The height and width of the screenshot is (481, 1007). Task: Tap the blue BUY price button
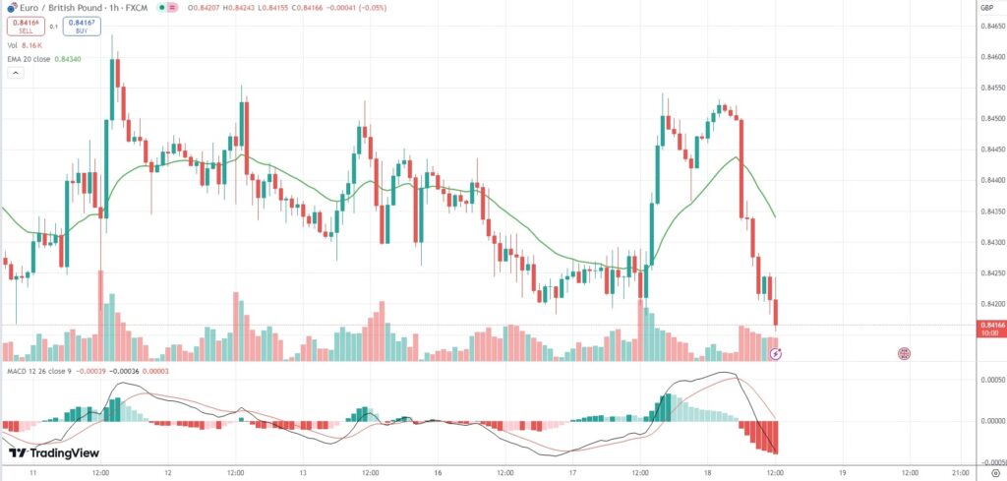pos(82,27)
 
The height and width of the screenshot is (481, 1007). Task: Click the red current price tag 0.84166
pos(991,326)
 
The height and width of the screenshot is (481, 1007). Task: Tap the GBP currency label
pos(986,8)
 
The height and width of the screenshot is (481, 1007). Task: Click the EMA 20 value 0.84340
pos(67,60)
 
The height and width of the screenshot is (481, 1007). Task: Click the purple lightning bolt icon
pos(775,352)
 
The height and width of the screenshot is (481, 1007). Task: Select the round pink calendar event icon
pos(903,352)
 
